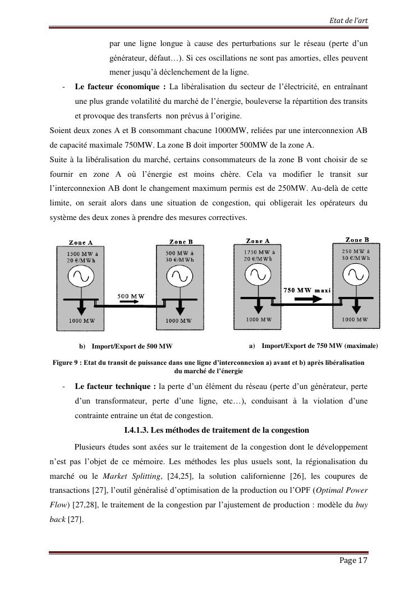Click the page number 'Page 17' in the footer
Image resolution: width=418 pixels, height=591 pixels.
pos(353,561)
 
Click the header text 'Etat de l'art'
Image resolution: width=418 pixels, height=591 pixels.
pos(349,21)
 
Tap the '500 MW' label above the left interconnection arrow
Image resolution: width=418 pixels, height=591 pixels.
pos(131,295)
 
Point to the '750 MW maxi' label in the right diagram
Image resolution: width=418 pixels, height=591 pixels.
pos(307,290)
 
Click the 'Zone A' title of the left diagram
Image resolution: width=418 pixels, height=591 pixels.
pos(81,242)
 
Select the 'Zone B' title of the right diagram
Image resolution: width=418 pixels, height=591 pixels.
pos(357,240)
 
